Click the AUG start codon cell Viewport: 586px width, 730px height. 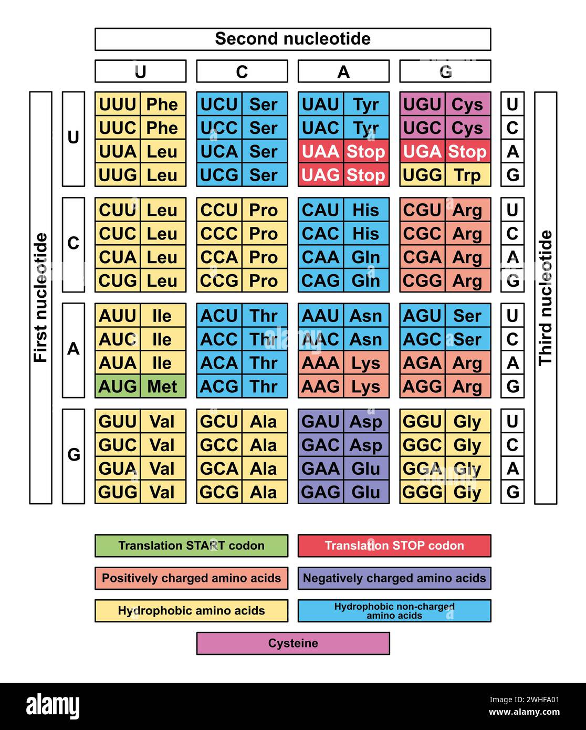click(x=118, y=387)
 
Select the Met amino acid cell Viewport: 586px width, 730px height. click(x=163, y=387)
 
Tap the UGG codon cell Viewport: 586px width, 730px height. click(x=422, y=175)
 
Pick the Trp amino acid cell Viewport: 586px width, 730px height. click(x=467, y=175)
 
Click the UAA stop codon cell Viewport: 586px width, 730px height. click(x=321, y=151)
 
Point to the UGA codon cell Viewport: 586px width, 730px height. click(x=422, y=151)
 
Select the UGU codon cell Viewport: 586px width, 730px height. click(x=422, y=105)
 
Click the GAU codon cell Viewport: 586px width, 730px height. click(x=321, y=421)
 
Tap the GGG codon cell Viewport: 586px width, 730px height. click(x=422, y=492)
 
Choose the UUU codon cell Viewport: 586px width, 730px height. click(x=118, y=105)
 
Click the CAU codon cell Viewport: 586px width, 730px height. click(x=321, y=210)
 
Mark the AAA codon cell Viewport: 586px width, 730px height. click(x=321, y=363)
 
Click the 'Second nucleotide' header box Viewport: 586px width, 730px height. click(x=292, y=39)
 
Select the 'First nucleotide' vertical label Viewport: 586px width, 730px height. click(x=40, y=298)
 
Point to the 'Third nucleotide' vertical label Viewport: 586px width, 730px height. click(x=546, y=298)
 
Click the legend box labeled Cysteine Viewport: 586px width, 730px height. click(x=293, y=643)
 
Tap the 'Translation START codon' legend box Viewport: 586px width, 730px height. click(x=191, y=546)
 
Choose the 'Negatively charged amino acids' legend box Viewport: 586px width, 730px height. click(x=394, y=578)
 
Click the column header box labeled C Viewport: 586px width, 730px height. click(x=242, y=71)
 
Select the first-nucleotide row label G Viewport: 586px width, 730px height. click(x=74, y=455)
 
